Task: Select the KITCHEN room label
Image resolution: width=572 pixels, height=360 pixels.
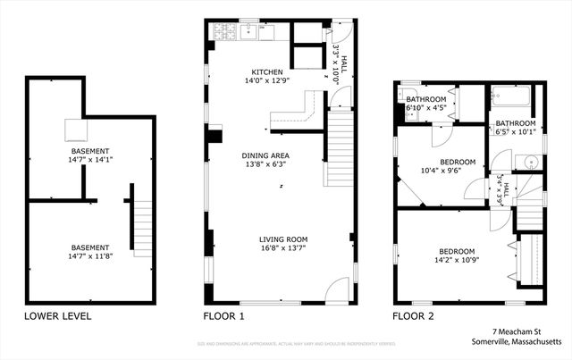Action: coord(266,71)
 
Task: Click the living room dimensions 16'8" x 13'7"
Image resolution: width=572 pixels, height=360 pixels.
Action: coord(283,249)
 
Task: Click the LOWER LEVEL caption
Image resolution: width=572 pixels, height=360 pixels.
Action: coord(57,316)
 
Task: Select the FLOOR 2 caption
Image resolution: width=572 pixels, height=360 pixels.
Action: coord(415,316)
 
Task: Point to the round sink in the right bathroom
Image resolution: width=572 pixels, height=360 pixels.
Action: coord(529,162)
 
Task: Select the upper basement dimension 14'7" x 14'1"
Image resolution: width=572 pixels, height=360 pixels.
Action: coord(91,161)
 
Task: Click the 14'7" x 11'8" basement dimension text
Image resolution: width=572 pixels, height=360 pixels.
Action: coord(91,256)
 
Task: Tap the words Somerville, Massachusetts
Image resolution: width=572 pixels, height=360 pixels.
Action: coord(517,341)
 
